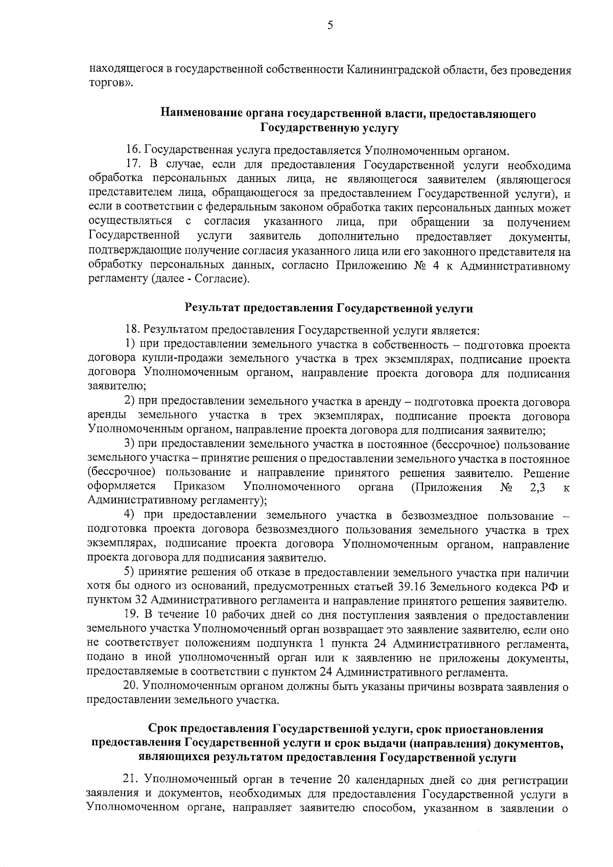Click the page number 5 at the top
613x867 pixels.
pos(331,25)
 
